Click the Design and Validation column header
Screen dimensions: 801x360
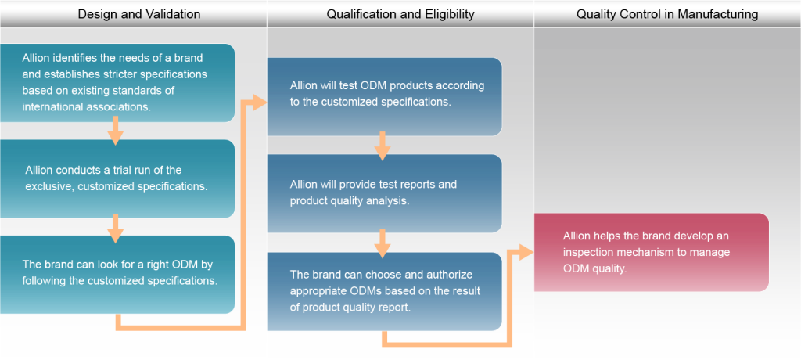point(139,14)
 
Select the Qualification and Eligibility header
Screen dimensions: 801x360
point(400,14)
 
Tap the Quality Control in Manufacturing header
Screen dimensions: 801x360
point(667,14)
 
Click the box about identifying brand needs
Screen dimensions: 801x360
point(117,83)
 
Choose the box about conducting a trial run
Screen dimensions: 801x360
point(117,178)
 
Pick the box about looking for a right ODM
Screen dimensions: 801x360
point(117,275)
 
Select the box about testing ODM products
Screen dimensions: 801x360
point(385,96)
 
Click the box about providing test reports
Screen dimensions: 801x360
point(385,193)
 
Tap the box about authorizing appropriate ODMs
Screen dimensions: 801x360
point(385,291)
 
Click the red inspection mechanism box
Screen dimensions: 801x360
point(652,253)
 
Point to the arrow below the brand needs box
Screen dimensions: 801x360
point(116,131)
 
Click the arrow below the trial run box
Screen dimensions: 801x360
point(116,229)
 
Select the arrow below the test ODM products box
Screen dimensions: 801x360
point(383,146)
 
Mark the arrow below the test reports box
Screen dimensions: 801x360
point(383,243)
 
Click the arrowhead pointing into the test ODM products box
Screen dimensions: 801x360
point(260,103)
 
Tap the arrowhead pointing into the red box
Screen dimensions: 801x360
point(526,252)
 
